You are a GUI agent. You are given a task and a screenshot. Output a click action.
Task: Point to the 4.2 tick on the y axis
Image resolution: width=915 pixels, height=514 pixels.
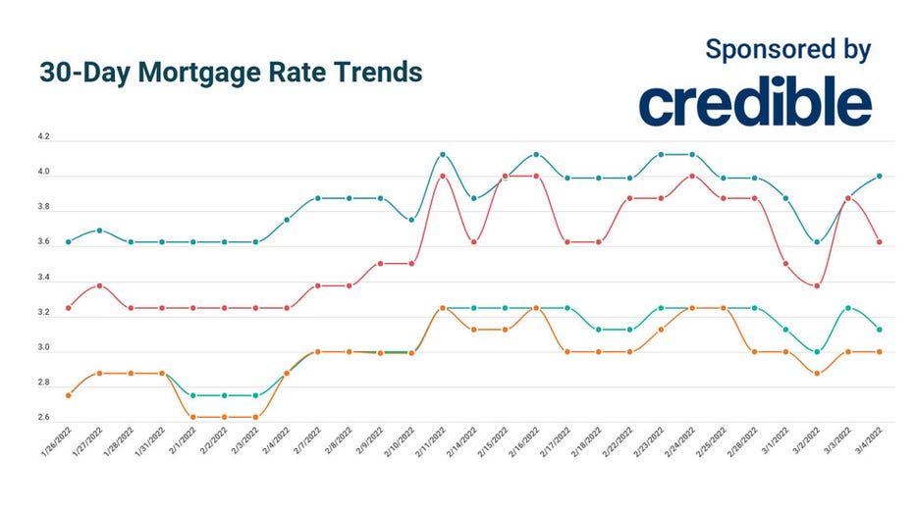[44, 139]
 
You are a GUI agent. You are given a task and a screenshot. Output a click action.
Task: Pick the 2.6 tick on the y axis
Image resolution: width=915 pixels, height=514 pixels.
[44, 418]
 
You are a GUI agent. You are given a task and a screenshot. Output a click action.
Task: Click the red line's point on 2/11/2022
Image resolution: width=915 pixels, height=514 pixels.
[443, 177]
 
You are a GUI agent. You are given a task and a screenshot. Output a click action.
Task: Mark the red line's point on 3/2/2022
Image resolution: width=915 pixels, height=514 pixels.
[817, 285]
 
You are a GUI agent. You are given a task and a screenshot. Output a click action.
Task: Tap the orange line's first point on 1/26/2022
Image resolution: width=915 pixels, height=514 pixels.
[68, 395]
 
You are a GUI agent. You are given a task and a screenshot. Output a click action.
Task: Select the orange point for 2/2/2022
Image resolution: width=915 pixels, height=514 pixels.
[225, 417]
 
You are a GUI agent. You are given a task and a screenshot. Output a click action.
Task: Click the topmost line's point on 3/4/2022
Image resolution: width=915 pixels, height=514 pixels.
[880, 177]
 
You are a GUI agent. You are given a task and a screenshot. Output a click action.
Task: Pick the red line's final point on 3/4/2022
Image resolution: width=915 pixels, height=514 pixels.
[880, 241]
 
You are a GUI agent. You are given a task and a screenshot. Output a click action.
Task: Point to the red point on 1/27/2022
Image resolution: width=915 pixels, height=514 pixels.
[99, 285]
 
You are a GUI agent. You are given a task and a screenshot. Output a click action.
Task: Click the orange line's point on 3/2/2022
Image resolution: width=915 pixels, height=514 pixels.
[817, 373]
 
